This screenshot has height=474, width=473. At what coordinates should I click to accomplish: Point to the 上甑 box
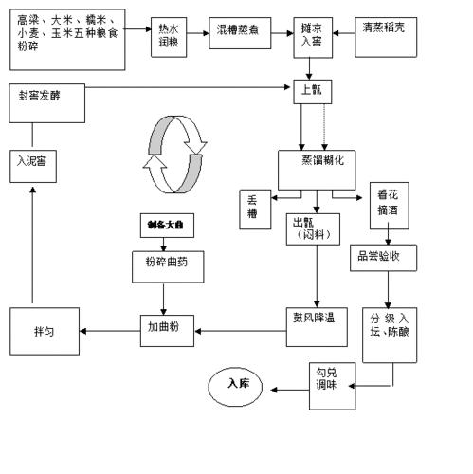pos(311,91)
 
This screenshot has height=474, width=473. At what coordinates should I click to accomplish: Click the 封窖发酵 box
pos(46,99)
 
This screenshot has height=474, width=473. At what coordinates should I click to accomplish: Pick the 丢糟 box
pos(253,208)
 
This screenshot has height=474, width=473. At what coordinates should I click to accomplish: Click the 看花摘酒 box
pos(388,205)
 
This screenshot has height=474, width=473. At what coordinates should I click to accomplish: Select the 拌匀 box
pos(45,331)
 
